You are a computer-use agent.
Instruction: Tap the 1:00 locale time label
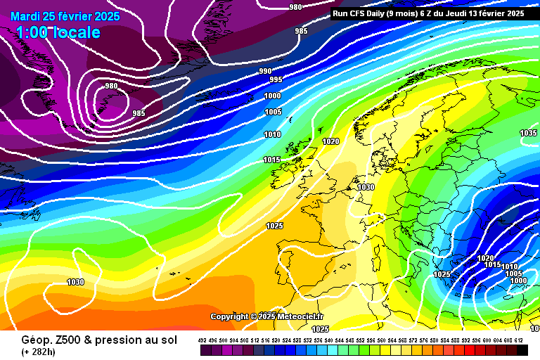pos(58,32)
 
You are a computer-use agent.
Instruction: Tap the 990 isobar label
pos(265,71)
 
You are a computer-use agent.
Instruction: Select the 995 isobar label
pos(276,80)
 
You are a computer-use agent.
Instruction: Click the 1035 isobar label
pos(528,133)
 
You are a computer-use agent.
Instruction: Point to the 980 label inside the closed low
pos(111,86)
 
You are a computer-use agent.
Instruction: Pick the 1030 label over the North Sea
pos(366,188)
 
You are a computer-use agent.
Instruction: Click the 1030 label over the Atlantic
pos(75,282)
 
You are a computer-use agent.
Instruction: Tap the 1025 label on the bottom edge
pos(320,328)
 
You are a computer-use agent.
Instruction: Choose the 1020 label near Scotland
pos(330,141)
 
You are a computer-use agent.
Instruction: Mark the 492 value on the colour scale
pos(202,340)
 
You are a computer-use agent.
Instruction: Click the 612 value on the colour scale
pos(520,340)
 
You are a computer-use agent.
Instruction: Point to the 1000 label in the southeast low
pos(518,281)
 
